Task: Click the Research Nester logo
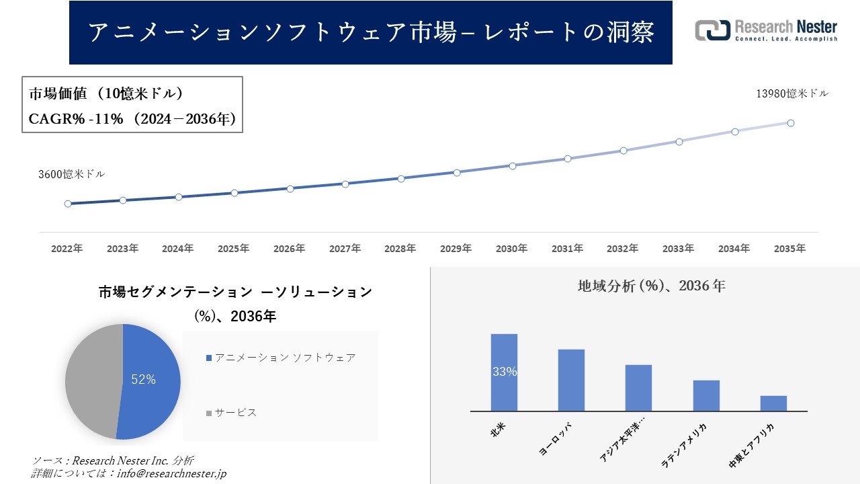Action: tap(766, 31)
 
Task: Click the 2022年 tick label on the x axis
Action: tap(67, 249)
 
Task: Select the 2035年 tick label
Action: tap(789, 249)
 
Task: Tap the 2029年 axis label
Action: tap(456, 249)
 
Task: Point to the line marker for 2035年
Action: tap(791, 123)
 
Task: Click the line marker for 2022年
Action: tap(68, 204)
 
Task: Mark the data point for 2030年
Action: tap(512, 165)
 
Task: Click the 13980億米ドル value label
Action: tap(792, 94)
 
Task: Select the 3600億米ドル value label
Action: tap(71, 174)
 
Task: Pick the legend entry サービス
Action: tap(235, 413)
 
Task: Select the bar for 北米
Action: tap(504, 372)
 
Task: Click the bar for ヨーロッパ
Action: tap(571, 380)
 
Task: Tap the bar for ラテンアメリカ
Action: tap(706, 395)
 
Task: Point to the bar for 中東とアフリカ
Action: tap(773, 403)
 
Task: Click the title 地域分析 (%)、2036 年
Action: tap(651, 286)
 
